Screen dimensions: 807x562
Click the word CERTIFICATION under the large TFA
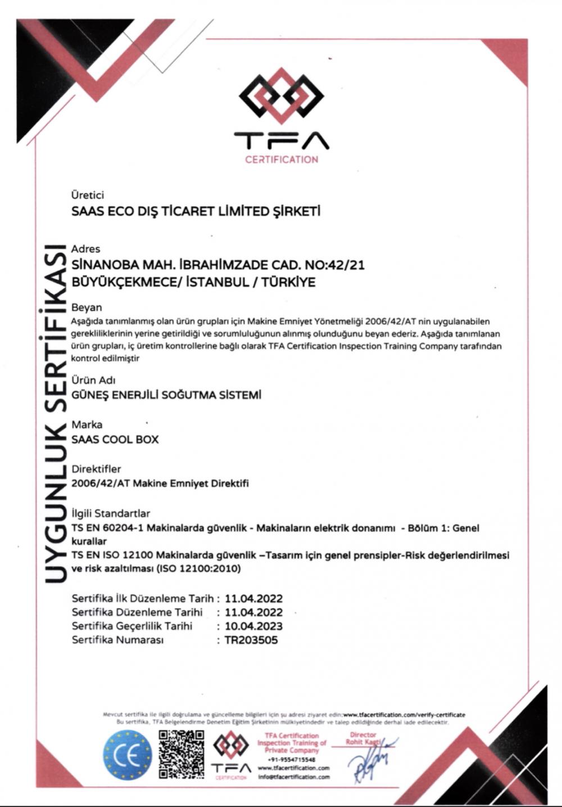281,159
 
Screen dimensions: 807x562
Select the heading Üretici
88,195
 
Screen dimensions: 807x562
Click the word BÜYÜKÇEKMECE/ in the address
127,282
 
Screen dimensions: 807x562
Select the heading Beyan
87,307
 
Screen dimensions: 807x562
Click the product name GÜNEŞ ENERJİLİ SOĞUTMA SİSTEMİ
166,395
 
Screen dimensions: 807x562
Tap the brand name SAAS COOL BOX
115,439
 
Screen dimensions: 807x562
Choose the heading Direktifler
96,468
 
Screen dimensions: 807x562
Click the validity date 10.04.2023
253,626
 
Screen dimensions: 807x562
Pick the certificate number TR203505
251,640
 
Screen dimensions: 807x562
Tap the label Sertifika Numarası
117,640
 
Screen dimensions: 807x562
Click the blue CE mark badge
128,755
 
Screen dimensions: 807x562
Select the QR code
181,754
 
